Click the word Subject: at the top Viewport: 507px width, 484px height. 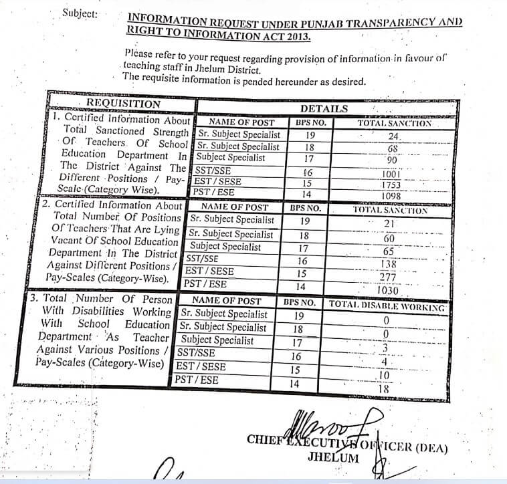tap(80, 13)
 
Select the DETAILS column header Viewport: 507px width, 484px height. tap(324, 108)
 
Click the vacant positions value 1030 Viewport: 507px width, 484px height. tap(389, 291)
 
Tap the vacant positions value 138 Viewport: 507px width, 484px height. tap(389, 264)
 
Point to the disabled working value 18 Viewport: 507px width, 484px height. tap(384, 388)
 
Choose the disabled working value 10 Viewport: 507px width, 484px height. tap(385, 376)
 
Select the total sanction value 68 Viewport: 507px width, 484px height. tap(393, 148)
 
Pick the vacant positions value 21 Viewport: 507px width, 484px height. tap(390, 224)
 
